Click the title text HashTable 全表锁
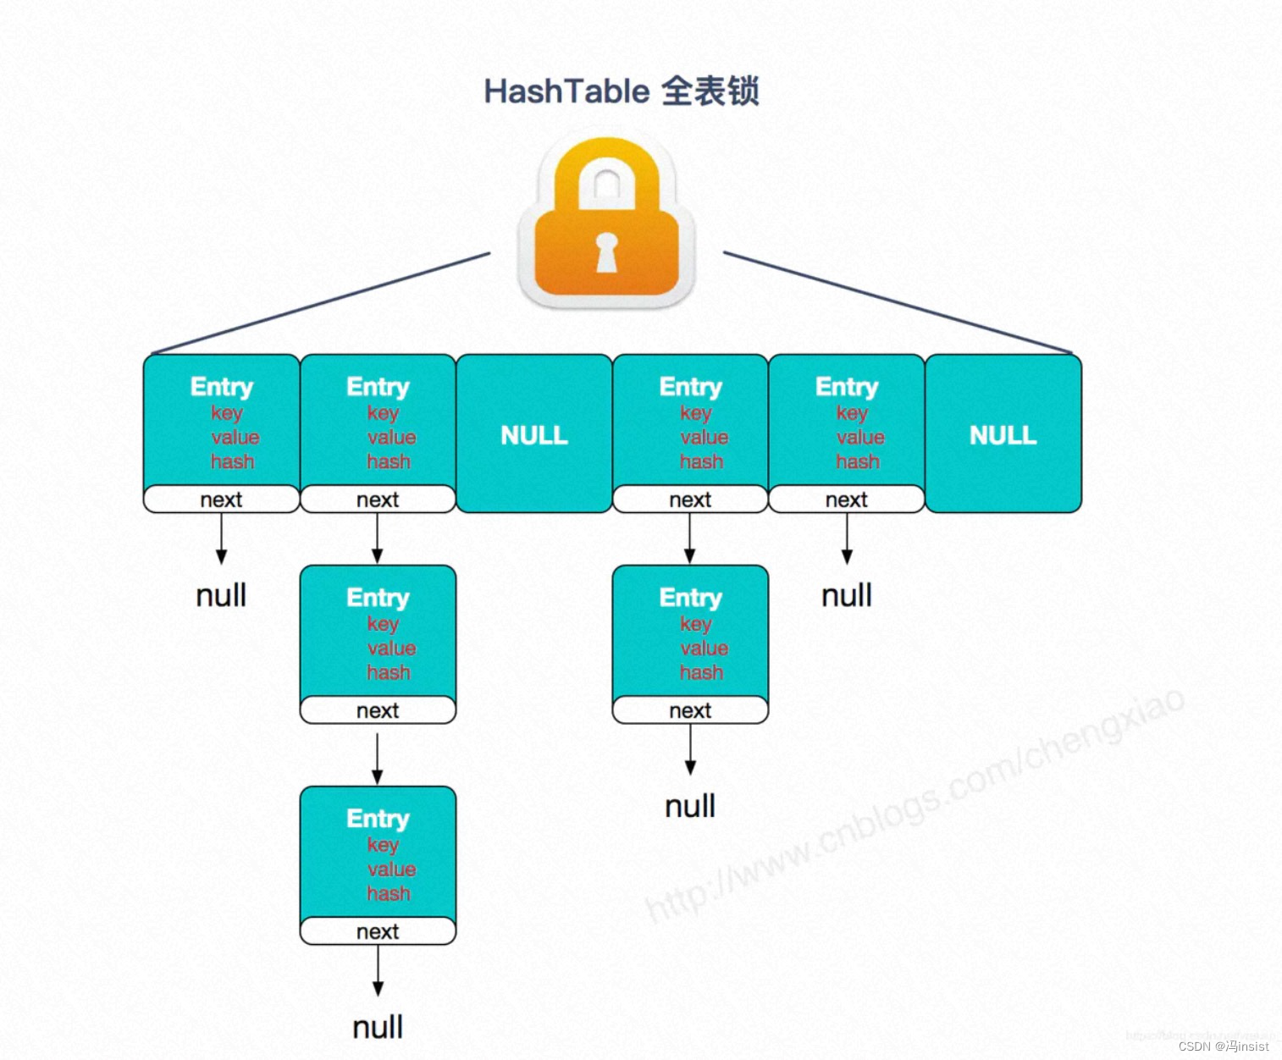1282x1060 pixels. (621, 91)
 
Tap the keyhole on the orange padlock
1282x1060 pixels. (606, 253)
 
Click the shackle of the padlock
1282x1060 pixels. (606, 174)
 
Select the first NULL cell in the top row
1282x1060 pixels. (533, 434)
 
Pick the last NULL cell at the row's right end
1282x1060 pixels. (1003, 434)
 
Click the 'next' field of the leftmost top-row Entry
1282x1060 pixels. (221, 500)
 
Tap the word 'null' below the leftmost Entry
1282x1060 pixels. (221, 595)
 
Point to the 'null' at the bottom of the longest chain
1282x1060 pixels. (378, 1027)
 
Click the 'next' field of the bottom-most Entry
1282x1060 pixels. (378, 931)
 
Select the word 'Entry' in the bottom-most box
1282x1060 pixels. (378, 819)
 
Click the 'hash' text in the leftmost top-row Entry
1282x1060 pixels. (232, 461)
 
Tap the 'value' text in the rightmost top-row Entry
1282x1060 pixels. (860, 437)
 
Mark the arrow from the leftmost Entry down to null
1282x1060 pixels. (221, 538)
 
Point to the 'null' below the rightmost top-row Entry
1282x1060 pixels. (847, 595)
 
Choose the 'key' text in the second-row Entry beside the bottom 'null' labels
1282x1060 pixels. (695, 624)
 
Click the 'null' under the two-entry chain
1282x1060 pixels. (690, 806)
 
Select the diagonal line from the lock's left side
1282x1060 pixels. (322, 302)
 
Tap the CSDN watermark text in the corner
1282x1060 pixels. (1224, 1046)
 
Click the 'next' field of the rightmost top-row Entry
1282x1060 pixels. (847, 500)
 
